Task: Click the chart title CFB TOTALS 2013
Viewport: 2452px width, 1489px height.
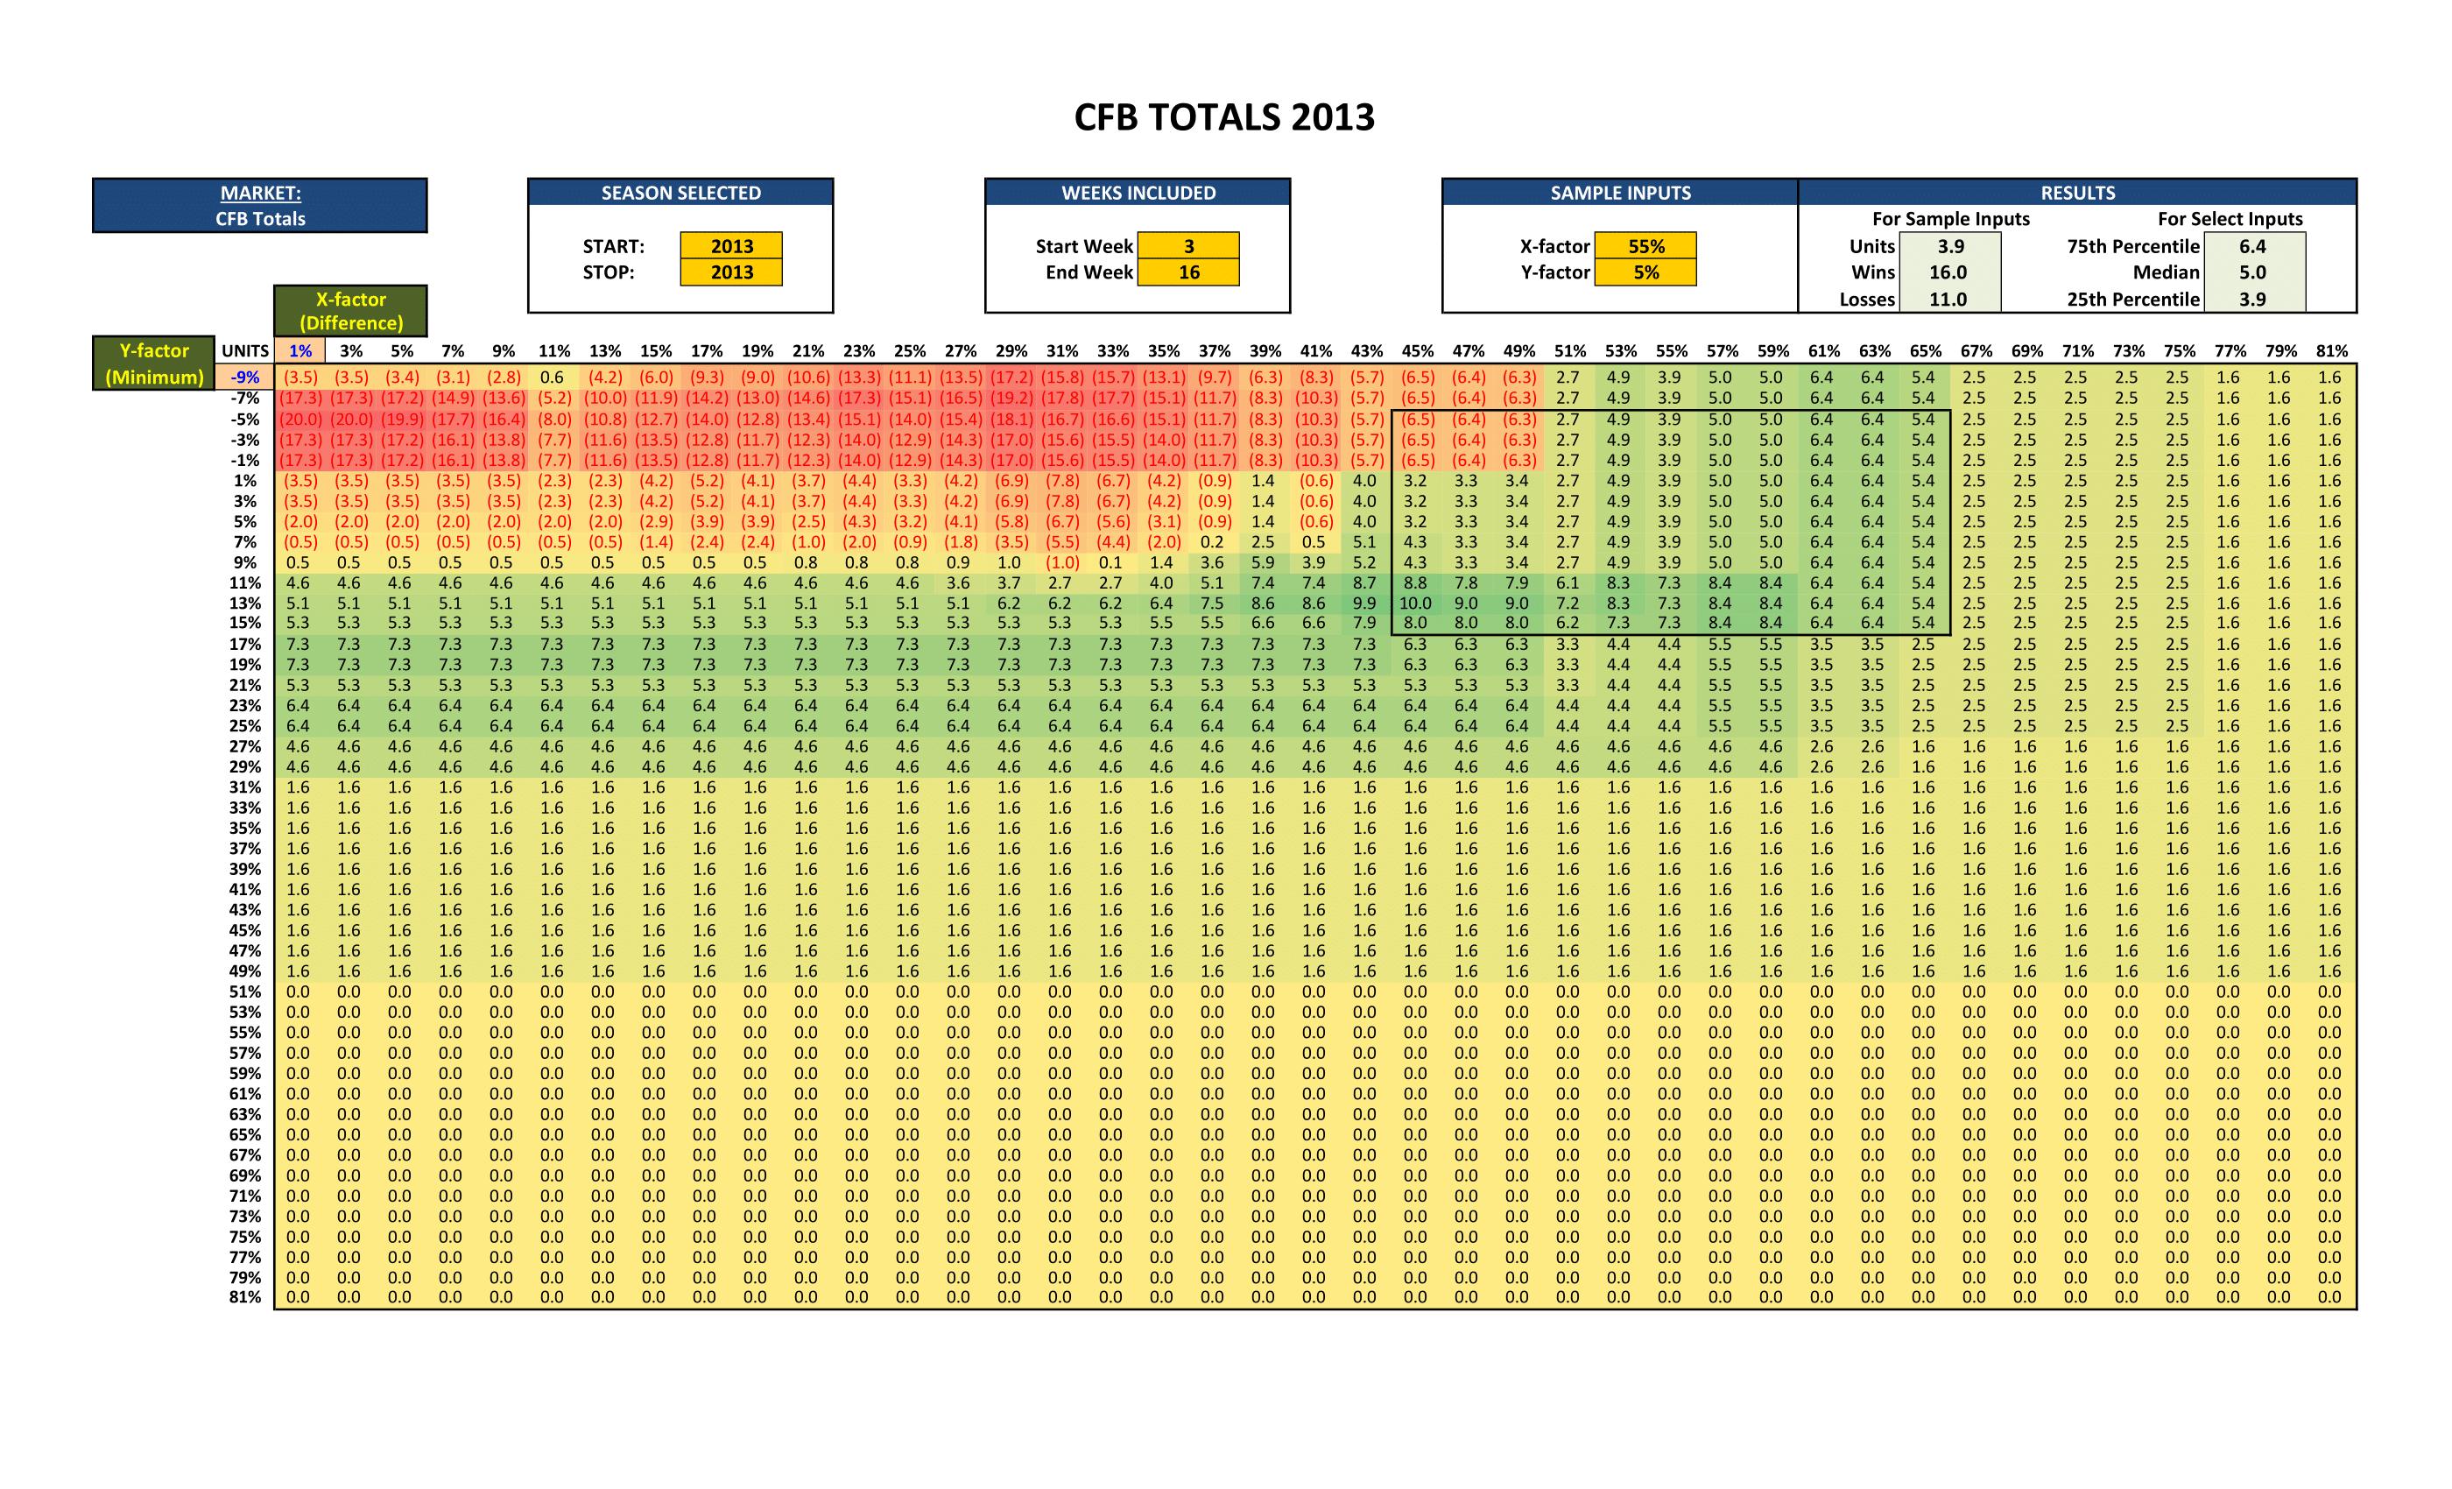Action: [1224, 117]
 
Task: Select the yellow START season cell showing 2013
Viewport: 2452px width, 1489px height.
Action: [731, 246]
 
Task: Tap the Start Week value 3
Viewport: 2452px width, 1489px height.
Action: [1188, 246]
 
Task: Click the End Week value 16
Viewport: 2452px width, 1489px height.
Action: [1188, 272]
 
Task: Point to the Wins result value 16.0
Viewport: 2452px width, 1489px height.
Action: [1948, 272]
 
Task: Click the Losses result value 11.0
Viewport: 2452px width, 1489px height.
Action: [1948, 300]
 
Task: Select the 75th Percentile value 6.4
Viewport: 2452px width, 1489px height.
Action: [2252, 246]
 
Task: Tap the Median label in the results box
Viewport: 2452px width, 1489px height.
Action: [2166, 272]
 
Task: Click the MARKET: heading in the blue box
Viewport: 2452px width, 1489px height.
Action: [261, 193]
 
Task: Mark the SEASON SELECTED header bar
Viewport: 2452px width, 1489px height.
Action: [680, 193]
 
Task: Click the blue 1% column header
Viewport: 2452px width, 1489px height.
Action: [299, 351]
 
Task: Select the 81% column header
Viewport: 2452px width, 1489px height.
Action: [2331, 351]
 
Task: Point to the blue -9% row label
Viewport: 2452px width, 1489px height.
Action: [245, 378]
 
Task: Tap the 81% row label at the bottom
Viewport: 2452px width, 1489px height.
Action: [245, 1298]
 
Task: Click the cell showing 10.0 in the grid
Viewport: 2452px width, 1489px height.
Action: [1415, 603]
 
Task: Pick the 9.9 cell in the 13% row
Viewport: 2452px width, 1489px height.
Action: [1363, 603]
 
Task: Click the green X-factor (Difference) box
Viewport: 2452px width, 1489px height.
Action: [351, 311]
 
